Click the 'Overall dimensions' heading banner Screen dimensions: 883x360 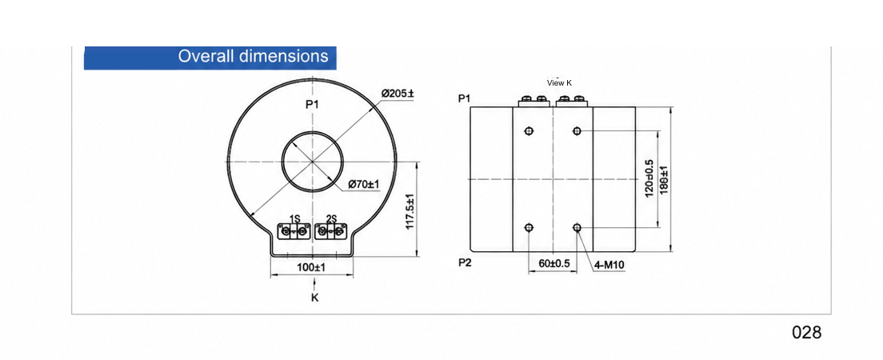point(210,58)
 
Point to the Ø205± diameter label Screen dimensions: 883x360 point(397,93)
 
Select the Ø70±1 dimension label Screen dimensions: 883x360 point(364,184)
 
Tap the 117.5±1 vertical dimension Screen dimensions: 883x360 point(410,212)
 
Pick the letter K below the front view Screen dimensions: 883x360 point(315,298)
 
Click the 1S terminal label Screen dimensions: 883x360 point(294,218)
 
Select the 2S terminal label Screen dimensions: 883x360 point(331,218)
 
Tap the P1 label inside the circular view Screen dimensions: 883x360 point(312,104)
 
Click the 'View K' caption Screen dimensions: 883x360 point(559,83)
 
